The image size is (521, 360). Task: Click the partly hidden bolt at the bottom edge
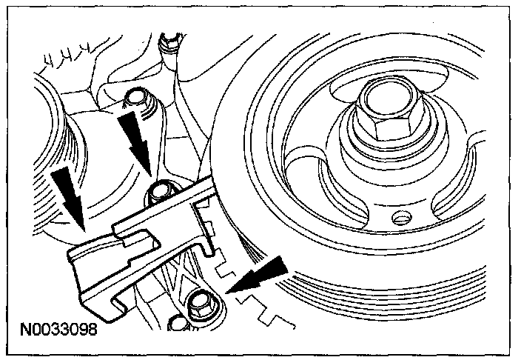(x=177, y=324)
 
